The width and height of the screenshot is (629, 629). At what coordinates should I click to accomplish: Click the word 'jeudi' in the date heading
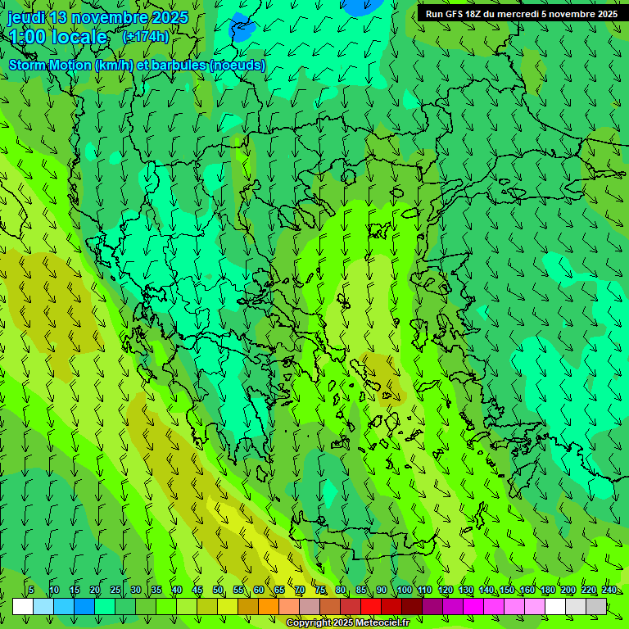[x=26, y=18]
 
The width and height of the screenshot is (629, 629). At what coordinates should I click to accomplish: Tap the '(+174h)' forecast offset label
[x=145, y=37]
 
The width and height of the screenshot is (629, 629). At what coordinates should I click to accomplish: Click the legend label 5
[x=30, y=591]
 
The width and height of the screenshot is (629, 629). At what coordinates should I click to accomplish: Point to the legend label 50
[x=218, y=591]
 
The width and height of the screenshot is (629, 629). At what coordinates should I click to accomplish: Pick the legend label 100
[x=404, y=591]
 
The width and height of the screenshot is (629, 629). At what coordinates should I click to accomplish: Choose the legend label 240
[x=609, y=591]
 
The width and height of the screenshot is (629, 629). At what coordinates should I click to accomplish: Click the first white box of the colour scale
[x=23, y=606]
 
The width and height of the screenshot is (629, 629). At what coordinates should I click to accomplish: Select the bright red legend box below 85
[x=371, y=606]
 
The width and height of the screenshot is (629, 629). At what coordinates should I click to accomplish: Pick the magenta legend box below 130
[x=473, y=606]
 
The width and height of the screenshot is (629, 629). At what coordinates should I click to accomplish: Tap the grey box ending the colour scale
[x=596, y=606]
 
